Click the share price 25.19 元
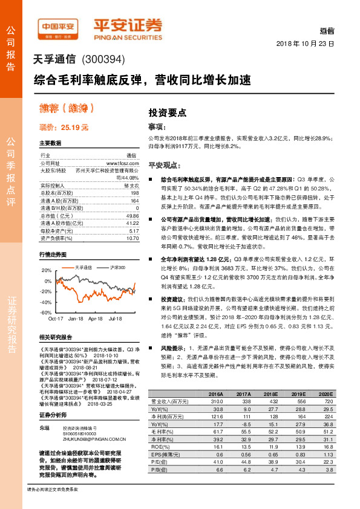coord(75,128)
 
